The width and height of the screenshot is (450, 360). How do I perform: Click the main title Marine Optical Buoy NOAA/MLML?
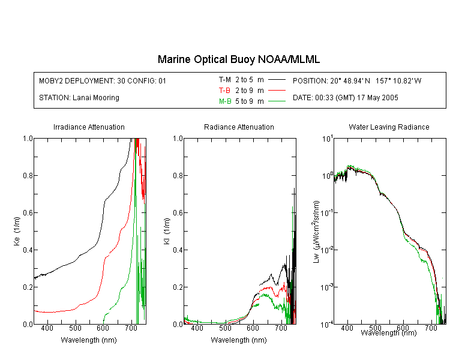click(x=239, y=59)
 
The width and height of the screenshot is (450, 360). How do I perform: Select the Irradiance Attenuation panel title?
click(x=89, y=127)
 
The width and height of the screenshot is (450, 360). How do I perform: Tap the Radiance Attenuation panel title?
click(x=239, y=127)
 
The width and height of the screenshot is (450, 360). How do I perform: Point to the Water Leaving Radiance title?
click(x=389, y=127)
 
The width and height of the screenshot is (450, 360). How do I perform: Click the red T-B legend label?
click(x=225, y=91)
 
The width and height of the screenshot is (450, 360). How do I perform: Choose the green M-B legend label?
click(x=225, y=101)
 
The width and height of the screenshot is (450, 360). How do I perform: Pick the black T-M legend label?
click(x=225, y=80)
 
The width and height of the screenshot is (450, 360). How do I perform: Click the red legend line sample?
click(x=277, y=91)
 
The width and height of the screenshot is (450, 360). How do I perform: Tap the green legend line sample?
click(x=277, y=101)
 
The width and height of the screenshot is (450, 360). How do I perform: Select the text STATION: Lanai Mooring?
click(x=79, y=98)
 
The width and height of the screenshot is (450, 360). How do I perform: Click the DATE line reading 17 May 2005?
click(x=346, y=98)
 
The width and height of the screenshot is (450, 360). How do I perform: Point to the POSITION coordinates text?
click(x=357, y=80)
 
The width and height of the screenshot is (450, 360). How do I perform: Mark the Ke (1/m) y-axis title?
click(x=17, y=231)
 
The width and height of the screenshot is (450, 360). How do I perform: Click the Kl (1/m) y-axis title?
click(x=167, y=231)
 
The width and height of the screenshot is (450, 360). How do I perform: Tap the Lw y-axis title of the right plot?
click(x=316, y=232)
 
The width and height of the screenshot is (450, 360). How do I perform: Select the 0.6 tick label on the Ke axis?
click(x=28, y=213)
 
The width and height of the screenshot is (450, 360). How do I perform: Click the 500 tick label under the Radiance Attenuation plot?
click(x=225, y=328)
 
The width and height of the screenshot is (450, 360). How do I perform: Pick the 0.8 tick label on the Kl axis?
click(x=178, y=175)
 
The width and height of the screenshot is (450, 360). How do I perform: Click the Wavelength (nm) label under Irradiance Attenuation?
click(x=89, y=340)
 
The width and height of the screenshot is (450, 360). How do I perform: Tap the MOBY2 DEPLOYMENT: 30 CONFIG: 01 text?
click(x=103, y=80)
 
